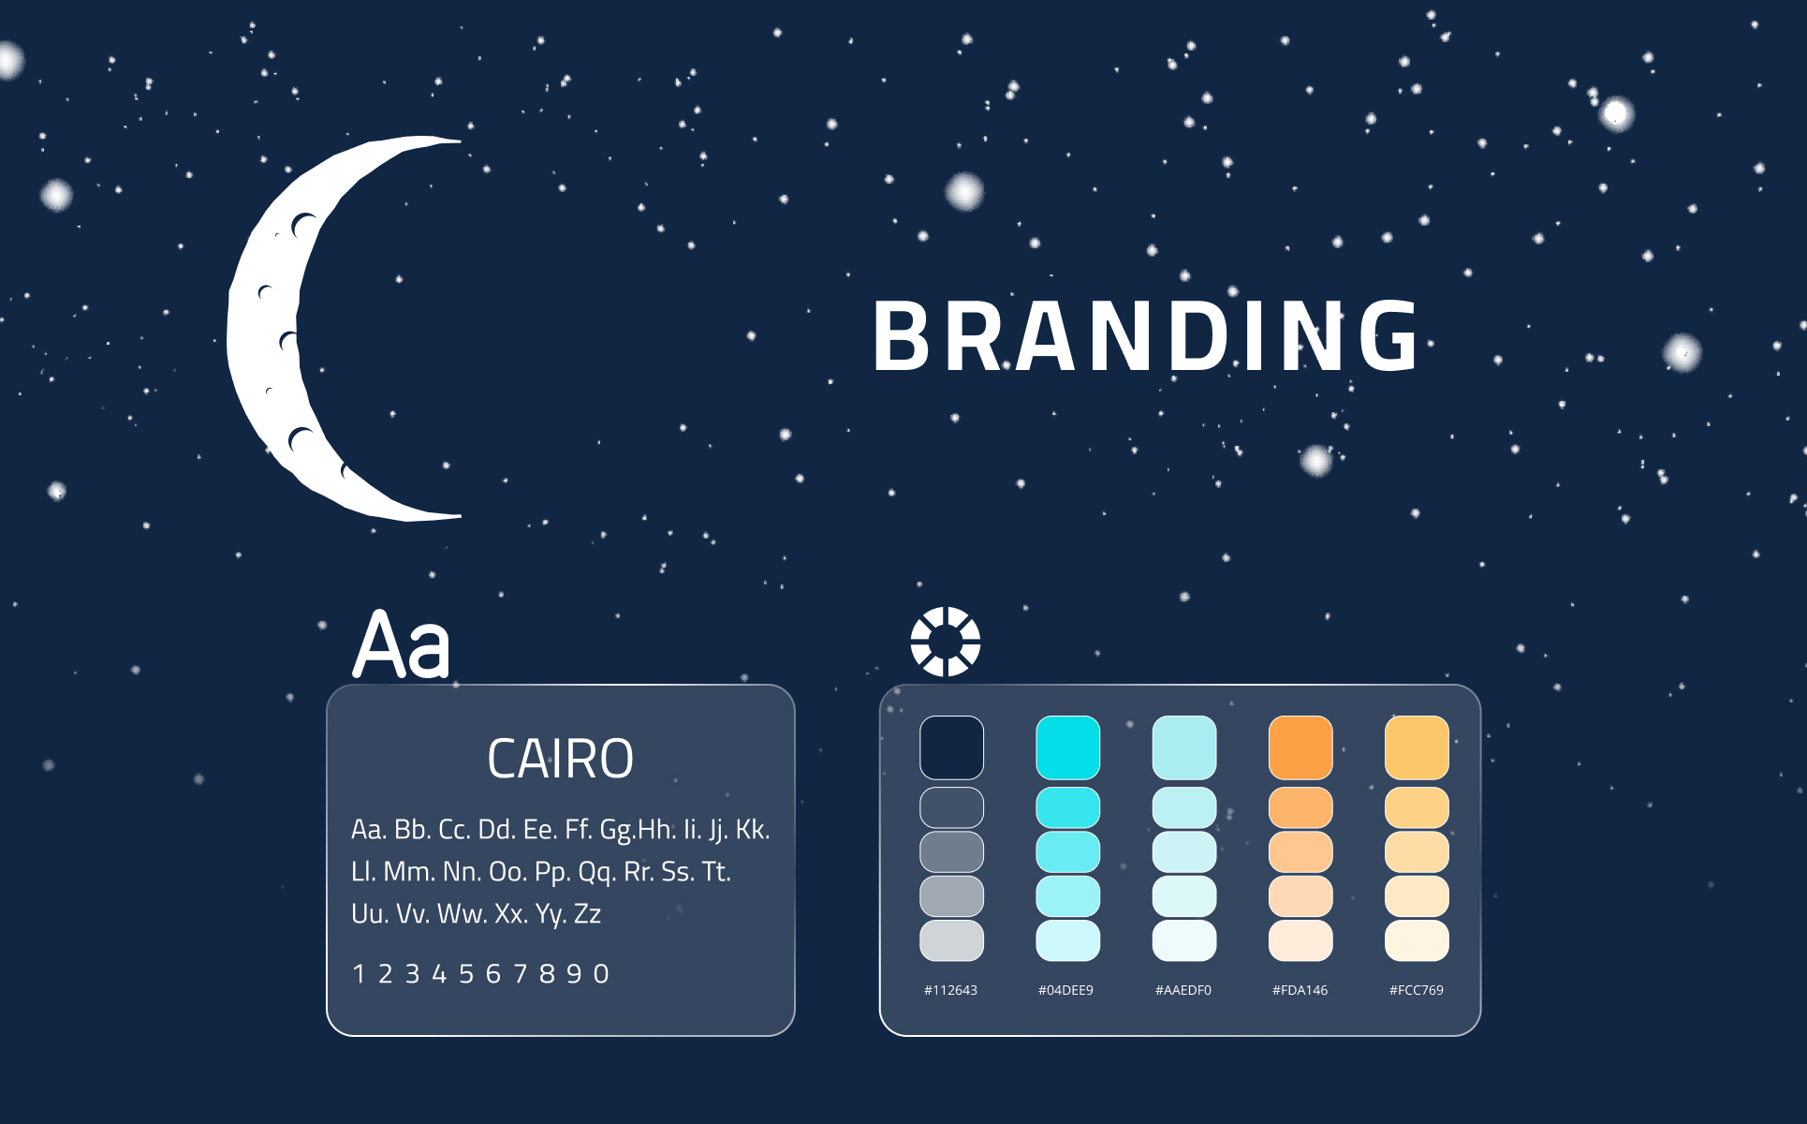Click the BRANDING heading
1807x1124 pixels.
1146,335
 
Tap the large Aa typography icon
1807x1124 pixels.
402,643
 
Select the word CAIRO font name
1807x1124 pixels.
560,759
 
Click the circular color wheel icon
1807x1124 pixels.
946,642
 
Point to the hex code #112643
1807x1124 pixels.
950,990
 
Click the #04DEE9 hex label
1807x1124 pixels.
1065,990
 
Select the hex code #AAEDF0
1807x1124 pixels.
1183,990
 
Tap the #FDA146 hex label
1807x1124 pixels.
1300,990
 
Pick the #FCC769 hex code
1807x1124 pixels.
1417,990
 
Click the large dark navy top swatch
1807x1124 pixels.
951,747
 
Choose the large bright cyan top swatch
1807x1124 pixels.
1067,747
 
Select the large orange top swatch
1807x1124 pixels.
1300,747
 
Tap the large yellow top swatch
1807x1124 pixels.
1417,747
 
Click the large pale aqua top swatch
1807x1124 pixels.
1184,747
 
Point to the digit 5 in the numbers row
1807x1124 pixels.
466,974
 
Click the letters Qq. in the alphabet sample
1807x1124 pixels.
597,873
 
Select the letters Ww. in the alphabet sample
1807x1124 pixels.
461,914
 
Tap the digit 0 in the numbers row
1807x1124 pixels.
601,974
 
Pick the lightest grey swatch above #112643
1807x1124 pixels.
951,940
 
